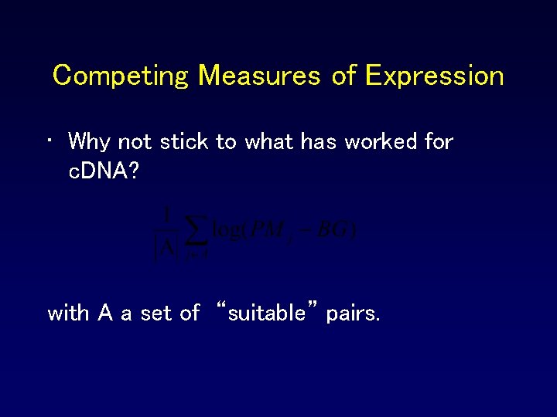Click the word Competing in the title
[x=120, y=76]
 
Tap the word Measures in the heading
[x=259, y=76]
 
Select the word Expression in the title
[x=434, y=76]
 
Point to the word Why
[x=90, y=141]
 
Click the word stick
[x=184, y=141]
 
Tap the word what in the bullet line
[x=265, y=141]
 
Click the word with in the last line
[x=70, y=314]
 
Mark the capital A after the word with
[x=105, y=314]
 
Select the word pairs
[x=353, y=314]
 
